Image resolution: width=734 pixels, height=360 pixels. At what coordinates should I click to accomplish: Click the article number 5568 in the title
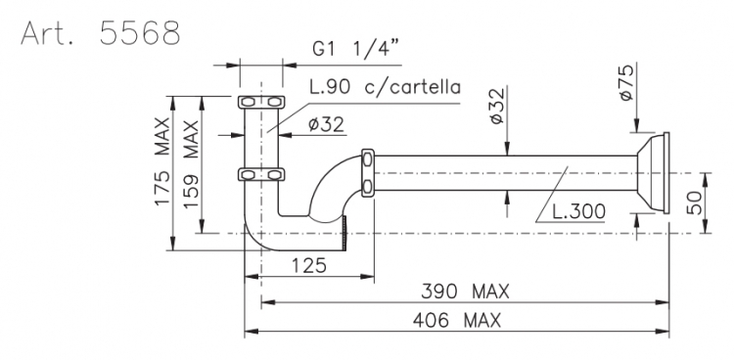click(x=140, y=32)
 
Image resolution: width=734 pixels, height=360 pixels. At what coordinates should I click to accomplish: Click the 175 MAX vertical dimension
click(x=162, y=161)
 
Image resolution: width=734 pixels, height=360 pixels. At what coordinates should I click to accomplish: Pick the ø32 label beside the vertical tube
click(x=326, y=124)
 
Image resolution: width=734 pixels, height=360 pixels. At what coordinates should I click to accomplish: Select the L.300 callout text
click(x=578, y=211)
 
